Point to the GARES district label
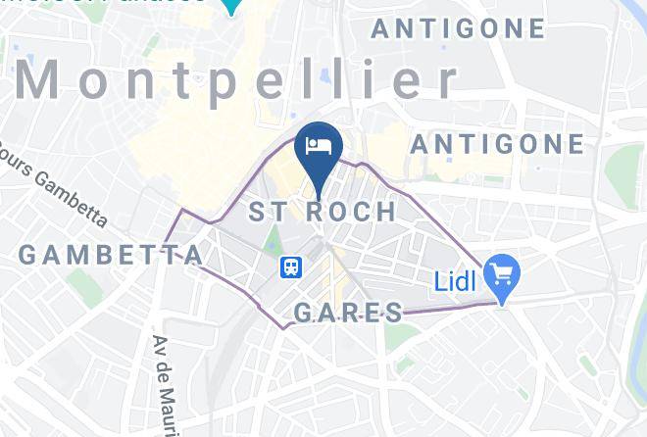point(349,313)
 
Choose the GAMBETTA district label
point(110,255)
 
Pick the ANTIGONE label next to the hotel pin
point(497,145)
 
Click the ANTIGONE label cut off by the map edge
point(458,28)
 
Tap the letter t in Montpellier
point(195,80)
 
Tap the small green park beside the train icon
point(272,238)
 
